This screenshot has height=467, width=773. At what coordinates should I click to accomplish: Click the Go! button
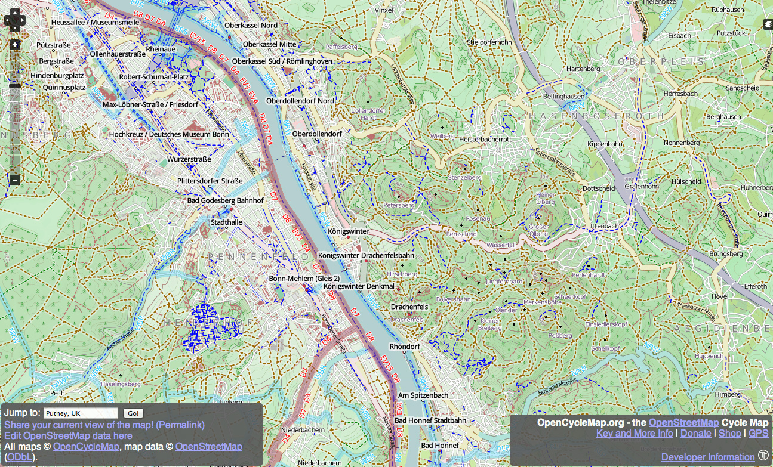point(133,413)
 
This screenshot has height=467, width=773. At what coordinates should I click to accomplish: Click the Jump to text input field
point(81,413)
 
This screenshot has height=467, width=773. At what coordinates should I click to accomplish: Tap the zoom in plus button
point(15,45)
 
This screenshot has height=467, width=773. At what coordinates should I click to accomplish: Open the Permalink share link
point(104,425)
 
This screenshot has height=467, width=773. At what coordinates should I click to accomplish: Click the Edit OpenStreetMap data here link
point(68,435)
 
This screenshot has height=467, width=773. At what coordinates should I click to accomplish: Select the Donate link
point(696,434)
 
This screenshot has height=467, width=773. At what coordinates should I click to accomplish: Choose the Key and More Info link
point(635,434)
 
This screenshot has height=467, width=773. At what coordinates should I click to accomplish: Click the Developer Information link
point(708,457)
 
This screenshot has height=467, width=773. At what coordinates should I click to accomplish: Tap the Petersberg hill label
point(398,205)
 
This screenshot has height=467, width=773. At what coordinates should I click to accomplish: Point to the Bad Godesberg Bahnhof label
point(226,200)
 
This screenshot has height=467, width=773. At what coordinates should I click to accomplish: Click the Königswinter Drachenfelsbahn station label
point(366,255)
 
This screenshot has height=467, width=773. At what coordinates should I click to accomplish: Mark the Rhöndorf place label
point(405,347)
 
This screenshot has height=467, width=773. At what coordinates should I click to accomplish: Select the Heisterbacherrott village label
point(486,139)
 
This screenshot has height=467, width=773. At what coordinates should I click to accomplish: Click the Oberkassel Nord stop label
point(251,26)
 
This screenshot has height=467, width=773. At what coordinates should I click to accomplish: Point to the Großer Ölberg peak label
point(538,230)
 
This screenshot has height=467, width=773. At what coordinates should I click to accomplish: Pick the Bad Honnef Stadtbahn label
point(430,420)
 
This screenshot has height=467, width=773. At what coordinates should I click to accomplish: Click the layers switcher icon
point(768,24)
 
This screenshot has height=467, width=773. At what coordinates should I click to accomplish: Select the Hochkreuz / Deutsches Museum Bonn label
point(169,134)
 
